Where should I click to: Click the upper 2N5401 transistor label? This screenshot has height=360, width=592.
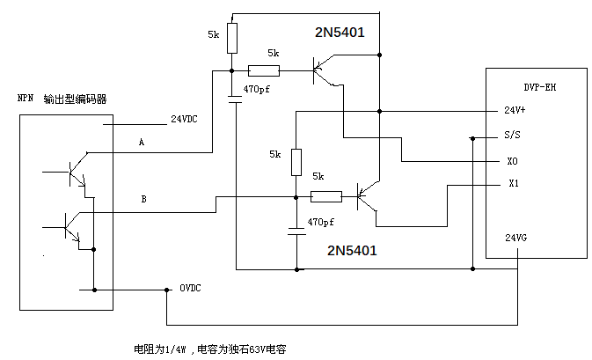340,33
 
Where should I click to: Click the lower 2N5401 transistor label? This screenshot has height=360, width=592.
352,250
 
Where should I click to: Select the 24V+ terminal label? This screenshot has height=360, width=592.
515,111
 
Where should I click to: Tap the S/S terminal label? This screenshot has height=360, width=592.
512,136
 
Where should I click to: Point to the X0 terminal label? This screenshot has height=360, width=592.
513,162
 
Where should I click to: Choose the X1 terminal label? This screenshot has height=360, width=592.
514,184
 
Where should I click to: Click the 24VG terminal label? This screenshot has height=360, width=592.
515,238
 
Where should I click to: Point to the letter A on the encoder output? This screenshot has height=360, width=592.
141,141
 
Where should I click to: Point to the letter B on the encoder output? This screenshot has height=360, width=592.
143,200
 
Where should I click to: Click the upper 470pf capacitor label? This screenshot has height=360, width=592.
257,90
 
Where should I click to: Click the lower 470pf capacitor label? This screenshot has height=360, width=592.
322,221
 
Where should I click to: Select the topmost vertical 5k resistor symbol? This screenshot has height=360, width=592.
231,38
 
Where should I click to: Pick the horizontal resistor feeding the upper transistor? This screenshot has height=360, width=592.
264,71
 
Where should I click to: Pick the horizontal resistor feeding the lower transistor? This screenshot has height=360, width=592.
326,197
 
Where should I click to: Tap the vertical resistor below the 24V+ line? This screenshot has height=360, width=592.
296,161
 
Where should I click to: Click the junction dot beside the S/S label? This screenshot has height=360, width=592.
473,137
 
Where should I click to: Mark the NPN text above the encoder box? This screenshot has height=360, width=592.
26,99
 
